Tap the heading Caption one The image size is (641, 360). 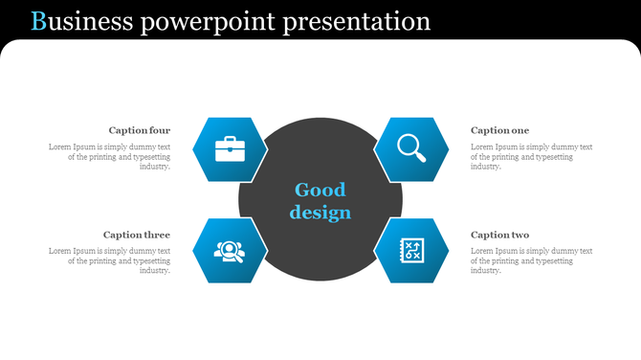499,130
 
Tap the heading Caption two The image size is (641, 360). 499,235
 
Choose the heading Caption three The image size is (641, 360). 137,235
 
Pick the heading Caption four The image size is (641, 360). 140,130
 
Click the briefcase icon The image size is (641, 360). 230,149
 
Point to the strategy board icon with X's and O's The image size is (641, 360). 412,251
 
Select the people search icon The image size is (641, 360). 230,251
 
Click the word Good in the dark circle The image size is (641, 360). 320,190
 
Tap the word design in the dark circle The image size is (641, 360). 320,213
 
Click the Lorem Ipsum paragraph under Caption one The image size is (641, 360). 531,157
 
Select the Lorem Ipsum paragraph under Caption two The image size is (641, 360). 531,260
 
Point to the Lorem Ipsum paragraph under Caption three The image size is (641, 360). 109,260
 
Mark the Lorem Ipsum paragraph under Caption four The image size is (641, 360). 109,157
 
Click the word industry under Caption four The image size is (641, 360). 154,167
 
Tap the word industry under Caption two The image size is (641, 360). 486,271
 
